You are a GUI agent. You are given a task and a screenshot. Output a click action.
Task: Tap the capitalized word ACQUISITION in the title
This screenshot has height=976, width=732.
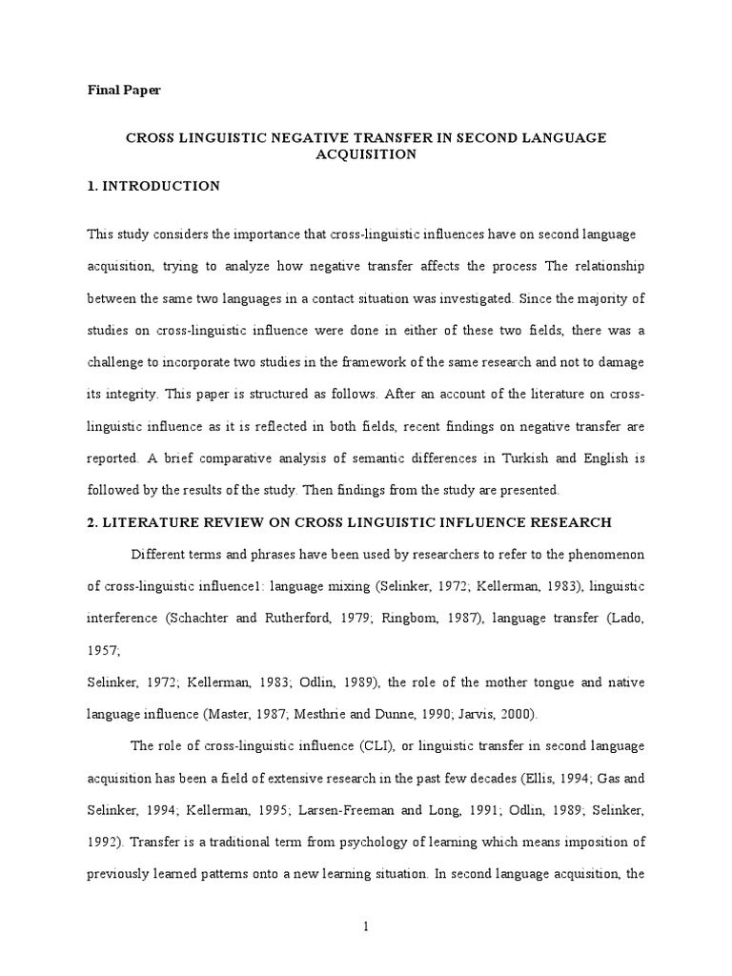(x=366, y=154)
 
